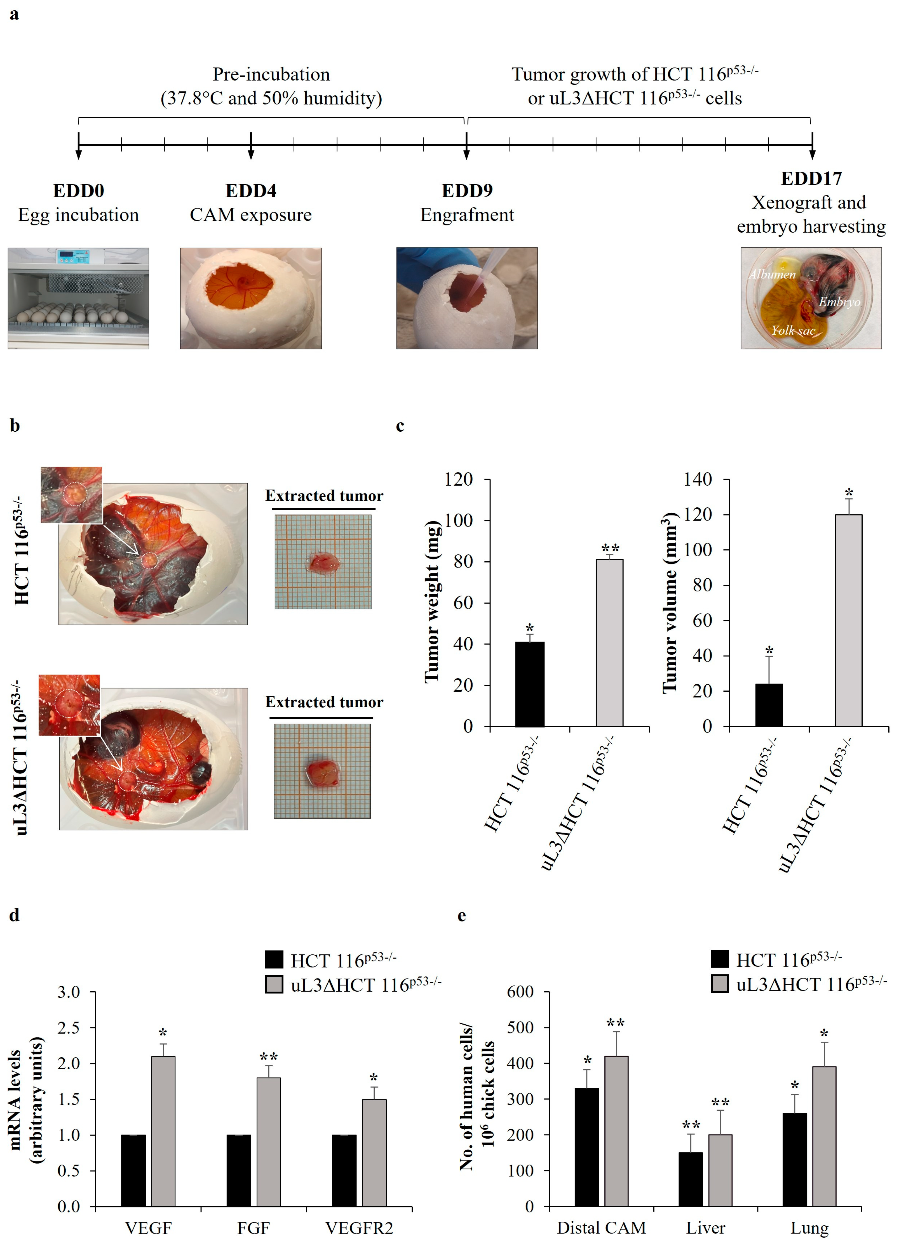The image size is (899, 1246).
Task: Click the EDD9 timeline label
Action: (x=467, y=191)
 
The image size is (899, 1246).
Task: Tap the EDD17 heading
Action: (x=811, y=179)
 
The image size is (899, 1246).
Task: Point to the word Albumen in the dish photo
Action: (x=773, y=274)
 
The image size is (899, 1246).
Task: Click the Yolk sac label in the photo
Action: (x=793, y=330)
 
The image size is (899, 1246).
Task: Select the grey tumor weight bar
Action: (x=609, y=643)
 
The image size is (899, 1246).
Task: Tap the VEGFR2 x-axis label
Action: (x=359, y=1228)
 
